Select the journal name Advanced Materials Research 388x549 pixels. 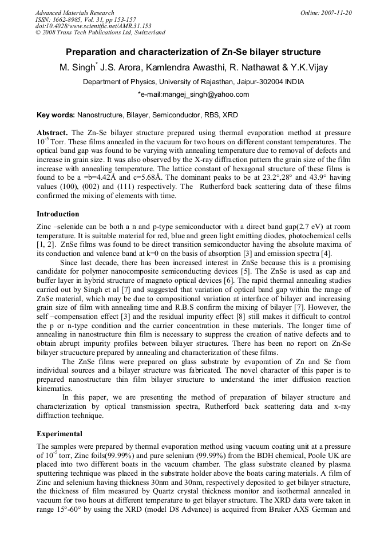tap(74, 13)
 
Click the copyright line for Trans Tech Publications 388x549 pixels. tap(100, 33)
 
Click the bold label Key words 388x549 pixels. tap(56, 115)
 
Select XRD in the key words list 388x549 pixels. tap(230, 115)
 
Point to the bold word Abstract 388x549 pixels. tap(52, 132)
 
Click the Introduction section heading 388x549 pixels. tap(58, 214)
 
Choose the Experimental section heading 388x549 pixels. tap(59, 434)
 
